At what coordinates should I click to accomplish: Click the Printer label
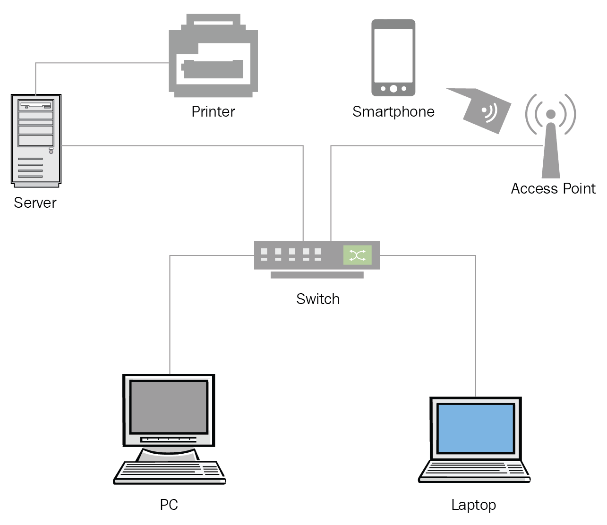pos(213,111)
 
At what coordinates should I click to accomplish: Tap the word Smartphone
pos(393,111)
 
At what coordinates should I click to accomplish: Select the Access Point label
pos(553,188)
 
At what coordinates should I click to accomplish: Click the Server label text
pos(35,203)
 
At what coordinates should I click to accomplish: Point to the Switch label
pos(317,299)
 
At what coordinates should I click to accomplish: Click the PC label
pos(169,505)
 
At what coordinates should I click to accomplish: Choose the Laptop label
pos(473,505)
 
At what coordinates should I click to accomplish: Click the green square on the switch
pos(357,255)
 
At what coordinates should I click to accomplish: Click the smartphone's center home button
pos(393,89)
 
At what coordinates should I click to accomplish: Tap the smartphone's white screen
pos(393,55)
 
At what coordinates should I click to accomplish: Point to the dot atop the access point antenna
pos(550,114)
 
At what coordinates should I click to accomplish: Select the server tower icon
pos(36,140)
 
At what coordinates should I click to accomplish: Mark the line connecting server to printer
pos(94,63)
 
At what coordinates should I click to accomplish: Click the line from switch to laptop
pos(475,321)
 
